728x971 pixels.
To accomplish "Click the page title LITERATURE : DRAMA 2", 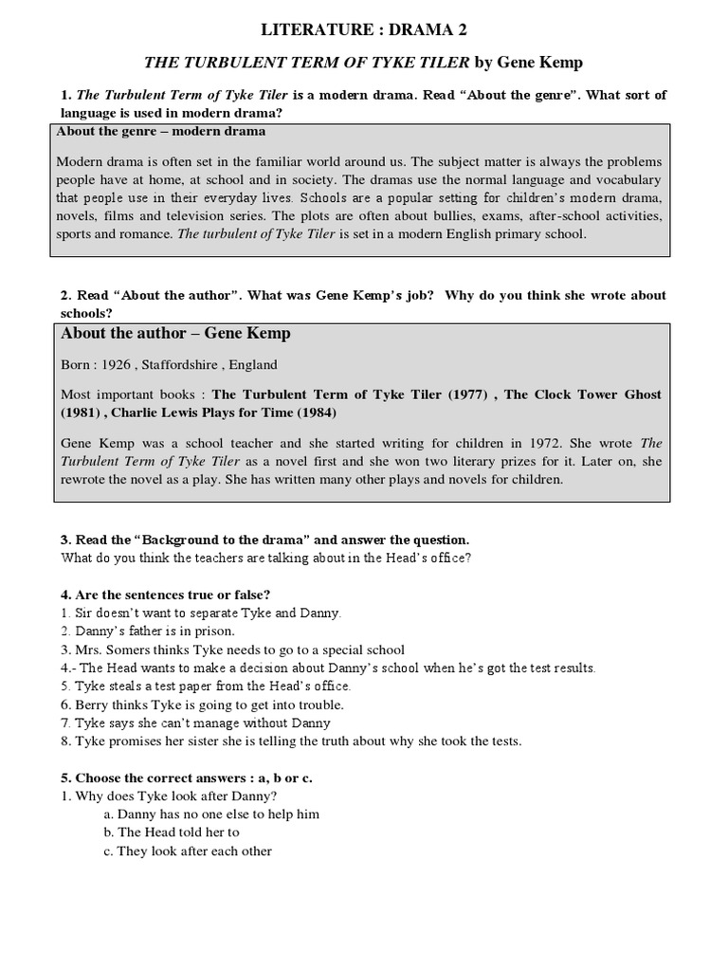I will (x=364, y=30).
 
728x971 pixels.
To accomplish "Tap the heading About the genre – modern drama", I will (x=161, y=131).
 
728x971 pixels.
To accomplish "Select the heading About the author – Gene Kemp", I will (x=175, y=333).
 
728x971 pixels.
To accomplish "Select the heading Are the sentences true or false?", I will (x=166, y=595).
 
